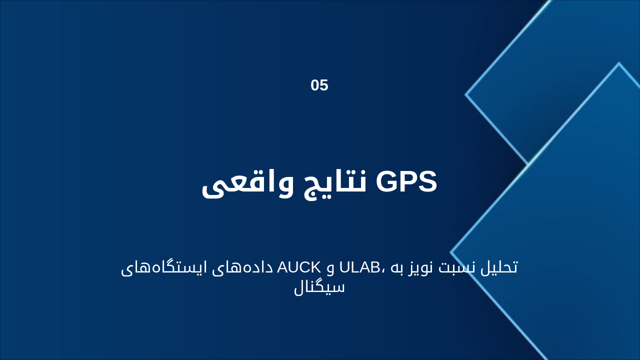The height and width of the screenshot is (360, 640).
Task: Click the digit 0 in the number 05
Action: (x=315, y=85)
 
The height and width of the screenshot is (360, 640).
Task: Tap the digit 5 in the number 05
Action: (x=324, y=85)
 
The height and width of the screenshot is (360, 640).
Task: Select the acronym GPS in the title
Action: (x=406, y=182)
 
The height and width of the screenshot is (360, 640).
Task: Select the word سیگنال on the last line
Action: (x=319, y=287)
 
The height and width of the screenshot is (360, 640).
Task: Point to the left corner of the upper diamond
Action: (x=465, y=94)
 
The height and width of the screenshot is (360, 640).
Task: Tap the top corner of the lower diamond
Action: (x=618, y=63)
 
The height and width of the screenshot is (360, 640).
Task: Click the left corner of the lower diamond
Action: (x=451, y=252)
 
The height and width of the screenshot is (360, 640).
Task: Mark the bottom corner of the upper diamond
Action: (x=528, y=164)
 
